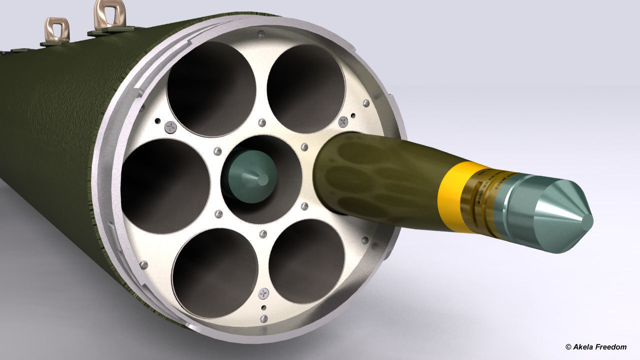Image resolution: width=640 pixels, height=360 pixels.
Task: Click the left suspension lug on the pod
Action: [x=56, y=30]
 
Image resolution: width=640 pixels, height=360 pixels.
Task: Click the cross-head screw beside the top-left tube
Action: [x=171, y=127]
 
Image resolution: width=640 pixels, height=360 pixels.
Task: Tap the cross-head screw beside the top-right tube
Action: [x=343, y=121]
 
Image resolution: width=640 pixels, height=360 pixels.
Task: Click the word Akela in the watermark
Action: [x=582, y=347]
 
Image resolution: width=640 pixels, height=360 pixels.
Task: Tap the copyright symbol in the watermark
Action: [x=568, y=347]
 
